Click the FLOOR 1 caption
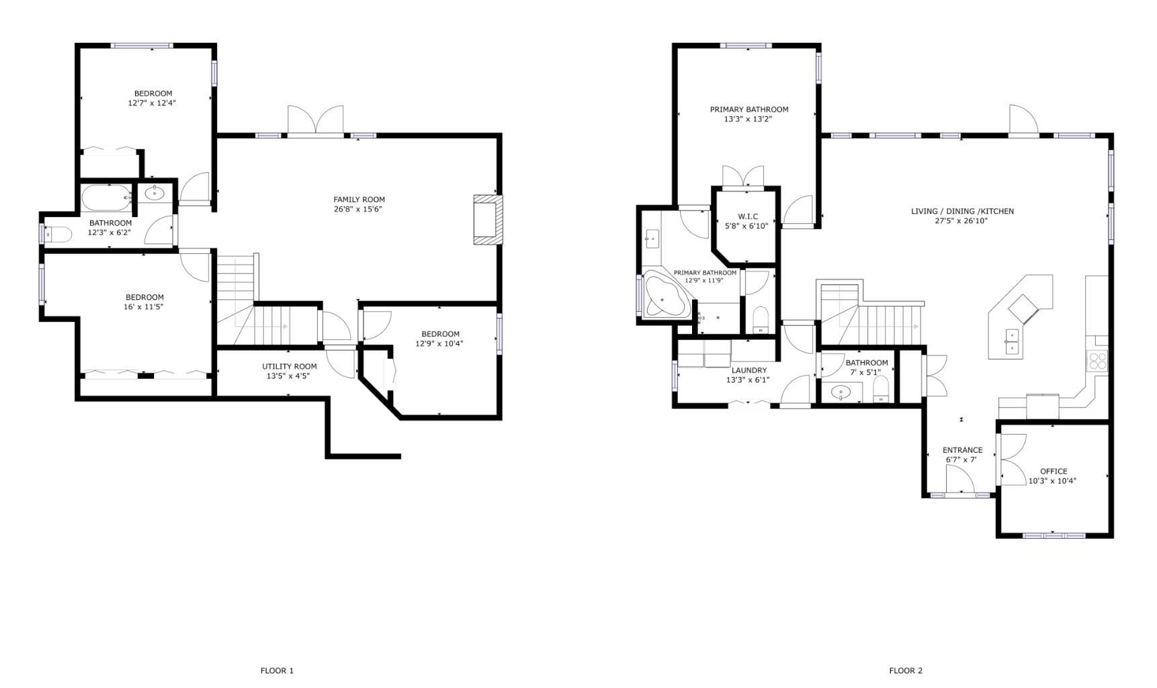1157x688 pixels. point(277,671)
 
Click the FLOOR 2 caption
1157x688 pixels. point(906,671)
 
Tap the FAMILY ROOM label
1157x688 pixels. point(359,200)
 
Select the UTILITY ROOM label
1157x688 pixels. point(290,366)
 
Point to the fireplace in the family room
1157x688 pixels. point(488,220)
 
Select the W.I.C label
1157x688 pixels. point(748,216)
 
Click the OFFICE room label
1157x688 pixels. point(1054,472)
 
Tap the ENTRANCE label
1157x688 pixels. point(962,450)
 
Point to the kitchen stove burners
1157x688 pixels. point(1097,361)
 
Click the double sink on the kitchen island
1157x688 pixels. point(1012,341)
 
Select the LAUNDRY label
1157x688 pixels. point(749,370)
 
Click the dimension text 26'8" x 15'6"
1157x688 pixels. point(359,209)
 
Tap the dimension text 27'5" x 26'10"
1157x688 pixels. point(962,220)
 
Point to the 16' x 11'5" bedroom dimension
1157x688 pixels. point(144,306)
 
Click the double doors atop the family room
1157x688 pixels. point(316,120)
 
